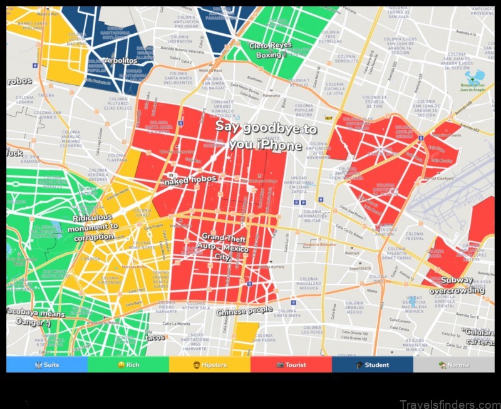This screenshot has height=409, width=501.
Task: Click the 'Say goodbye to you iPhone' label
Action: point(266,135)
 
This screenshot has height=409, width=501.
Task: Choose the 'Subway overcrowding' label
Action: point(462,285)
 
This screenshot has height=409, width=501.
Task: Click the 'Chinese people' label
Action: point(244,311)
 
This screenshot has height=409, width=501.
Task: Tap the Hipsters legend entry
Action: point(210,365)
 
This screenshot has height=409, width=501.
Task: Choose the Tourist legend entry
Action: point(291,365)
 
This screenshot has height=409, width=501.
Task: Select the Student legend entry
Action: point(373,365)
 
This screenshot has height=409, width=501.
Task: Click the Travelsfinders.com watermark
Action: point(449,403)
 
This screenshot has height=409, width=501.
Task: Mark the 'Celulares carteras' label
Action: point(482,336)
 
